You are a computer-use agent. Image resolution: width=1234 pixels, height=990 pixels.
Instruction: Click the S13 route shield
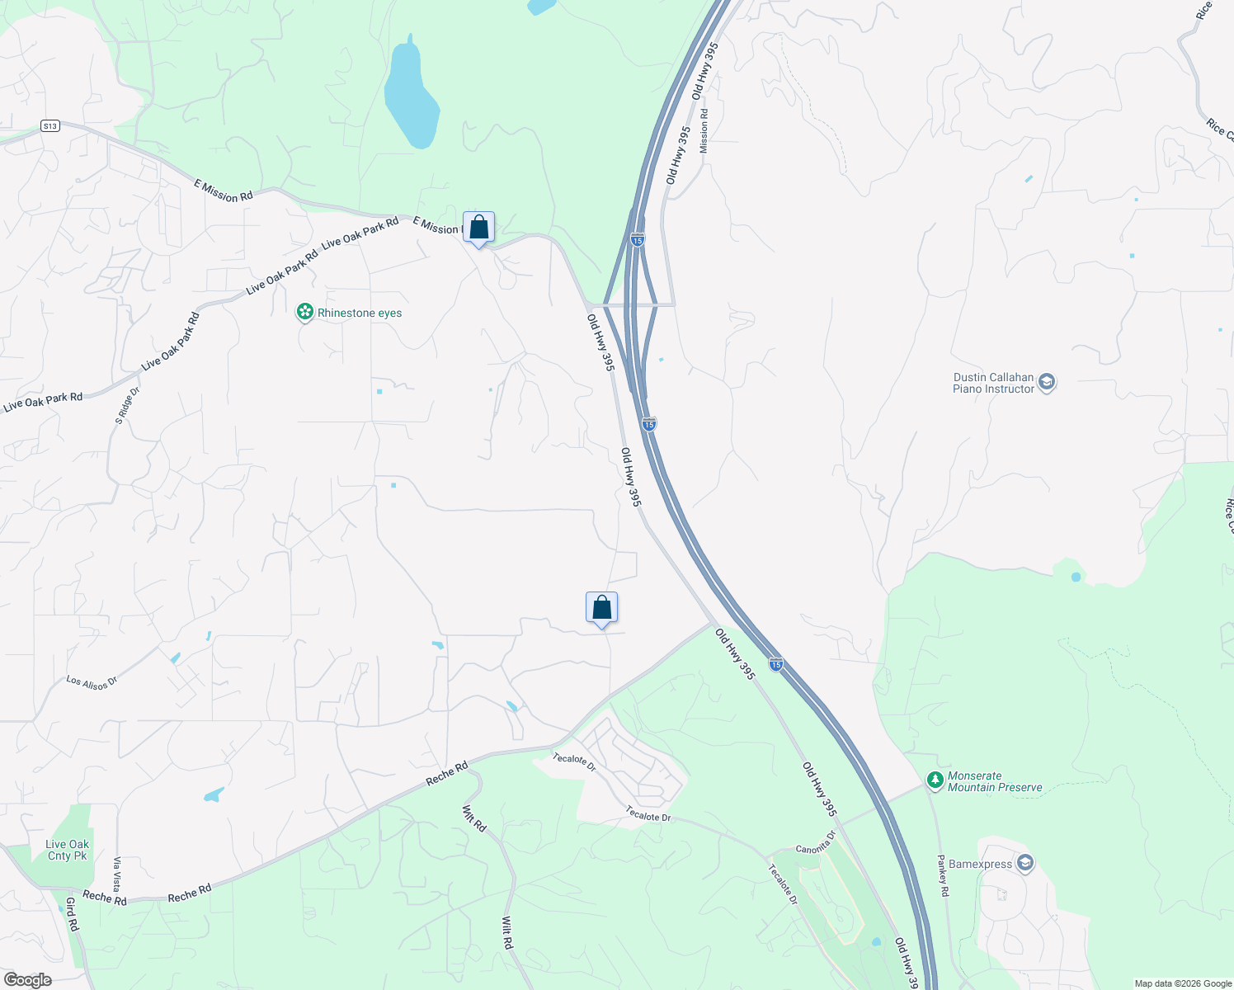pyautogui.click(x=50, y=126)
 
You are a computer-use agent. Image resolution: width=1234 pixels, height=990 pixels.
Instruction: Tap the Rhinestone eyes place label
pyautogui.click(x=360, y=313)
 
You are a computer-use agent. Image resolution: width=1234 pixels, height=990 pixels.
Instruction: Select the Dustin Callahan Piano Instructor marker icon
pyautogui.click(x=1047, y=382)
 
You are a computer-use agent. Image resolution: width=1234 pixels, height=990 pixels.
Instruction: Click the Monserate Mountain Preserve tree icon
pyautogui.click(x=935, y=780)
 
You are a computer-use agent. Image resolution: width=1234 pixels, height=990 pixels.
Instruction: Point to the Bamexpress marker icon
pyautogui.click(x=1025, y=863)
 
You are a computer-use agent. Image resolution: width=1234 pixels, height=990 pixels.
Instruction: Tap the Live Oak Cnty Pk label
pyautogui.click(x=68, y=850)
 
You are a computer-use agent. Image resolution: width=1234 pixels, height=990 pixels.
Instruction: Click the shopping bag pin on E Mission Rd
pyautogui.click(x=478, y=227)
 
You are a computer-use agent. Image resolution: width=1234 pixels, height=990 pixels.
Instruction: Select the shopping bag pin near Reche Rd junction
pyautogui.click(x=601, y=608)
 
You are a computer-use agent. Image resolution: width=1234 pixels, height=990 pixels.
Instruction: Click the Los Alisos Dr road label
pyautogui.click(x=92, y=682)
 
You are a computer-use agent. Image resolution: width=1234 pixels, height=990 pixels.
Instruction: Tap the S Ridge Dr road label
pyautogui.click(x=127, y=406)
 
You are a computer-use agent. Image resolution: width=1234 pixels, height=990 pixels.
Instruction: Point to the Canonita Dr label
pyautogui.click(x=816, y=842)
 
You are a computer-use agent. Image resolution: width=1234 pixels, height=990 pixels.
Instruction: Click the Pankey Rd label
pyautogui.click(x=943, y=875)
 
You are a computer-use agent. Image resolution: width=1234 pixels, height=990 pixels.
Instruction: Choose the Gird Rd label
pyautogui.click(x=72, y=914)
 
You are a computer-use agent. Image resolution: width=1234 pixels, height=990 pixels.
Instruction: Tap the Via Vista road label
pyautogui.click(x=117, y=874)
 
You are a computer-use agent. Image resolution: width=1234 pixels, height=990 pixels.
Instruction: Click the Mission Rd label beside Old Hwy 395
pyautogui.click(x=704, y=131)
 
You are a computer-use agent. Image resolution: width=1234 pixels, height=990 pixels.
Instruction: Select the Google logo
pyautogui.click(x=28, y=980)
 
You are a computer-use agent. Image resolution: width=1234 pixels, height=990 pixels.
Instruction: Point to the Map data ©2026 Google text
pyautogui.click(x=1182, y=983)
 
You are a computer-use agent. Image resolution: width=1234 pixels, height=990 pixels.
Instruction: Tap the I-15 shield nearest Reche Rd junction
pyautogui.click(x=775, y=664)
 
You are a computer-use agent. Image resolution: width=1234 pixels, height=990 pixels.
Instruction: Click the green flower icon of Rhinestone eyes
pyautogui.click(x=305, y=312)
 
